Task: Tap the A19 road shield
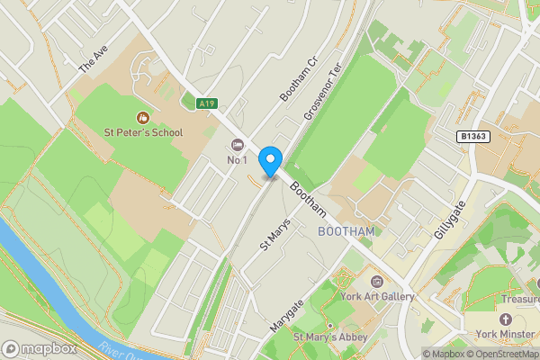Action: click(208, 104)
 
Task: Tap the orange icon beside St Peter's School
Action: click(142, 117)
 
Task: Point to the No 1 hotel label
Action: click(238, 160)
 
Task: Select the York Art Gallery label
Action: click(377, 297)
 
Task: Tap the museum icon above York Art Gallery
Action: click(377, 283)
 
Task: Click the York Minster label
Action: click(506, 335)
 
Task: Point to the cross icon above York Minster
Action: click(506, 320)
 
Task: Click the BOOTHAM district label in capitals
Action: click(346, 231)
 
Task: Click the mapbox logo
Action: click(39, 348)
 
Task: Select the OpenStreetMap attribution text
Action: click(496, 354)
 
